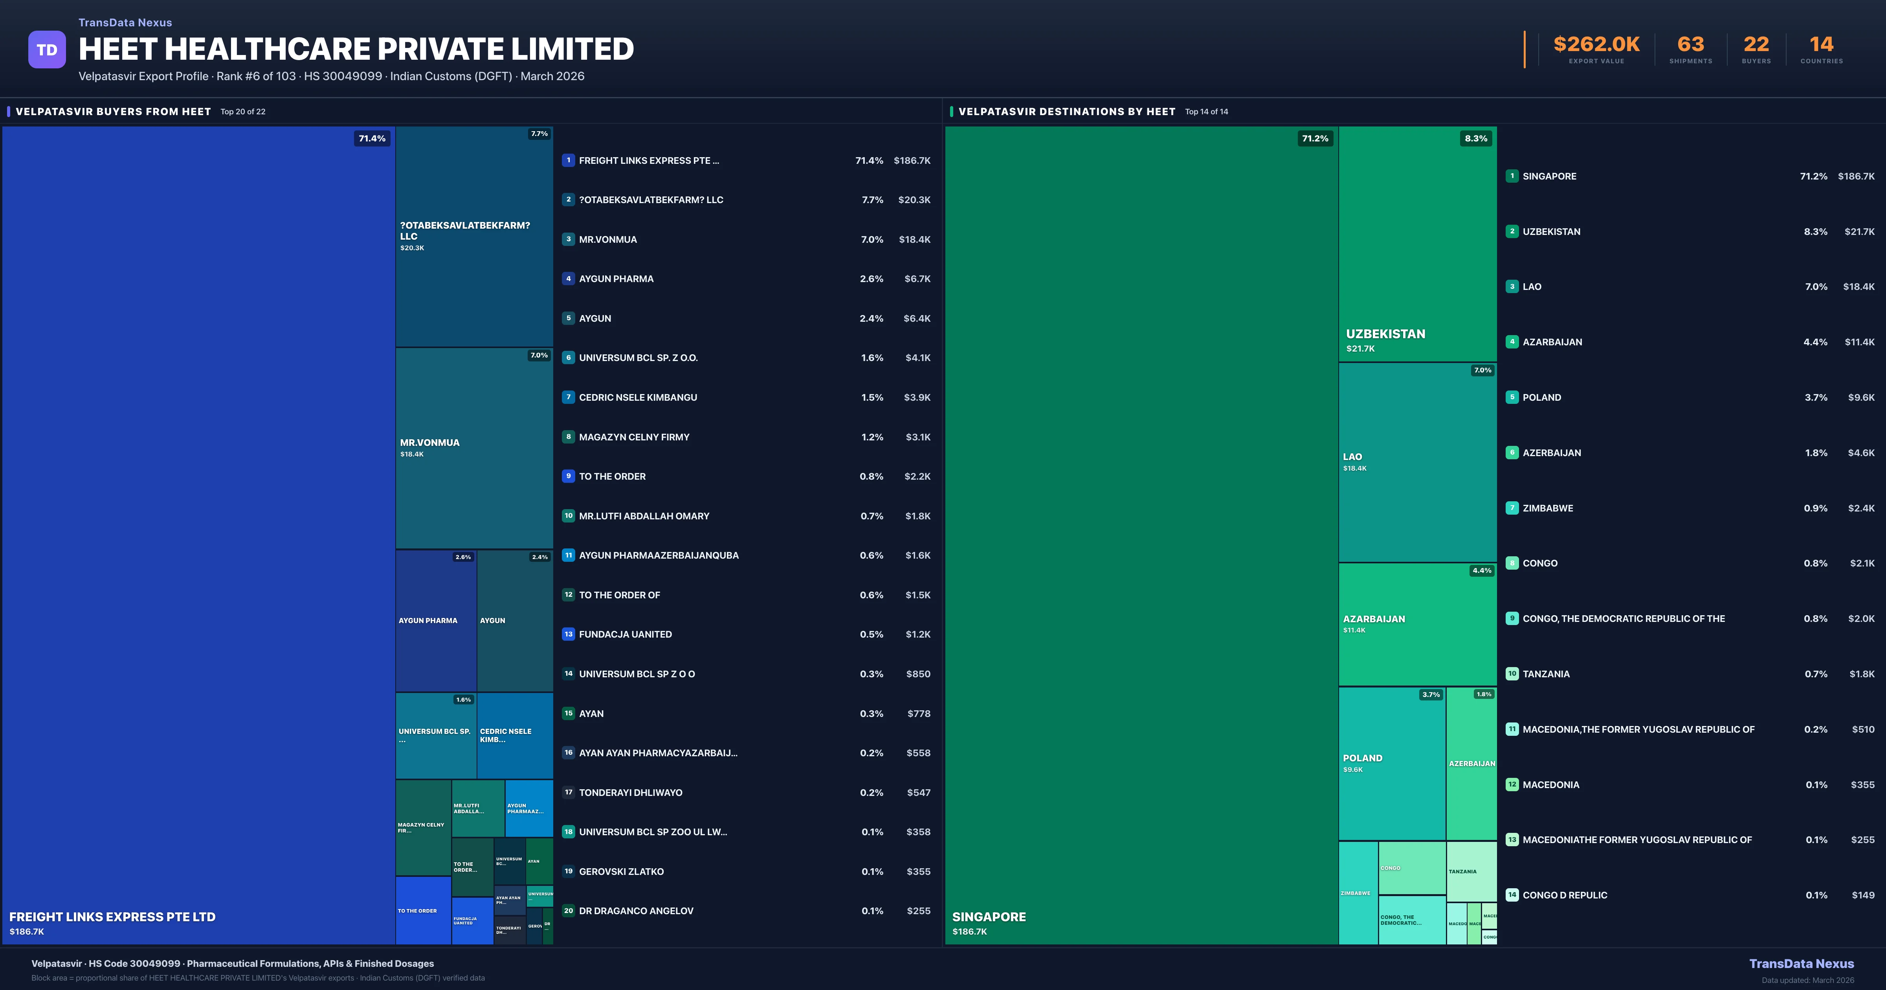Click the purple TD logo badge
47,50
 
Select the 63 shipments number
1690,45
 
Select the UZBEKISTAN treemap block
1417,244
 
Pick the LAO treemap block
1417,462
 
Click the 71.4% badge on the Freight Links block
372,138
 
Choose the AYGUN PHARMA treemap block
436,620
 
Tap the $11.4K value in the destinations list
1859,342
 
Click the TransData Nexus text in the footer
1801,964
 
